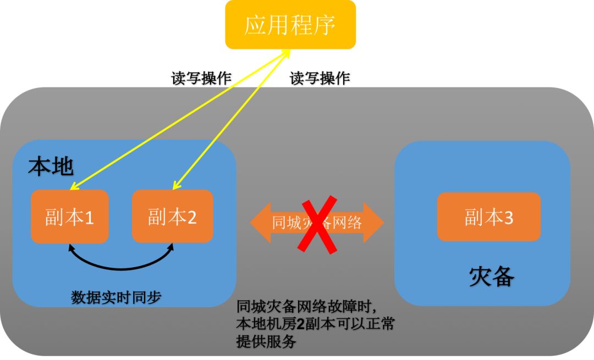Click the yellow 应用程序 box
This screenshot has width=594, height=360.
click(290, 25)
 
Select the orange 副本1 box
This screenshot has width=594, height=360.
click(69, 217)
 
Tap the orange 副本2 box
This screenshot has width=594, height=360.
click(172, 216)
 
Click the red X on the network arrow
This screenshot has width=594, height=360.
click(317, 224)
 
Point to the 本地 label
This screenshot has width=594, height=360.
click(51, 166)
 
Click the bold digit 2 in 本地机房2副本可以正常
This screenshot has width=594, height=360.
click(300, 324)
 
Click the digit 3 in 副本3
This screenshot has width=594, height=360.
click(508, 218)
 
